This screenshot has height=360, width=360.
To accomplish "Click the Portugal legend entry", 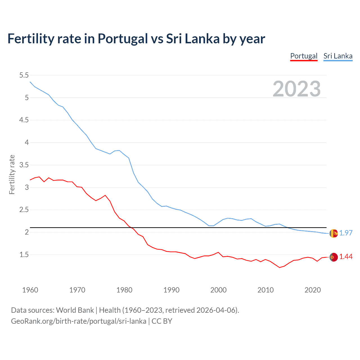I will (304, 56).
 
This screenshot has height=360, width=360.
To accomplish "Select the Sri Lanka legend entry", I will (338, 56).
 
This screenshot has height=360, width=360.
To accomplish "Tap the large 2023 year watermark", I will (296, 89).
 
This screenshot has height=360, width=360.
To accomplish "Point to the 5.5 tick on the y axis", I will (24, 75).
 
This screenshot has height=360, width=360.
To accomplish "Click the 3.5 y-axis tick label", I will (24, 165).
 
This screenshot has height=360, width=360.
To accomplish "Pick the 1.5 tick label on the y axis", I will (24, 255).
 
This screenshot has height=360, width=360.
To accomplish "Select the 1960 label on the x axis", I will (30, 290).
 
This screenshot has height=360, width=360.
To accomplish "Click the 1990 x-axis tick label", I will (171, 290).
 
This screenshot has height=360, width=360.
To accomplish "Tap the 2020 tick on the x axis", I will (312, 290).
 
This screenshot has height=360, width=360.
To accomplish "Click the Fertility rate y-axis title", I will (12, 174).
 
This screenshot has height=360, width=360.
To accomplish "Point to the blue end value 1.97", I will (346, 233).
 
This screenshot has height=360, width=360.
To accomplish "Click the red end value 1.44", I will (346, 256).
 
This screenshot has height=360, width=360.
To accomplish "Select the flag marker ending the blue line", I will (334, 233).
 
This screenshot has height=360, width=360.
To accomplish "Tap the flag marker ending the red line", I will (334, 257).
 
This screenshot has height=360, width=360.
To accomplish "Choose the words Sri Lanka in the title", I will (193, 39).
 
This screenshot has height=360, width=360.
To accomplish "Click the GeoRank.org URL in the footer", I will (78, 321).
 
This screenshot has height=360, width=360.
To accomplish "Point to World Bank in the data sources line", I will (75, 310).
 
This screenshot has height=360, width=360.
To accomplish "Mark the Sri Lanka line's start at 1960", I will (30, 82).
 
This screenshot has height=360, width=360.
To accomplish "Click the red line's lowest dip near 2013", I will (280, 267).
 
